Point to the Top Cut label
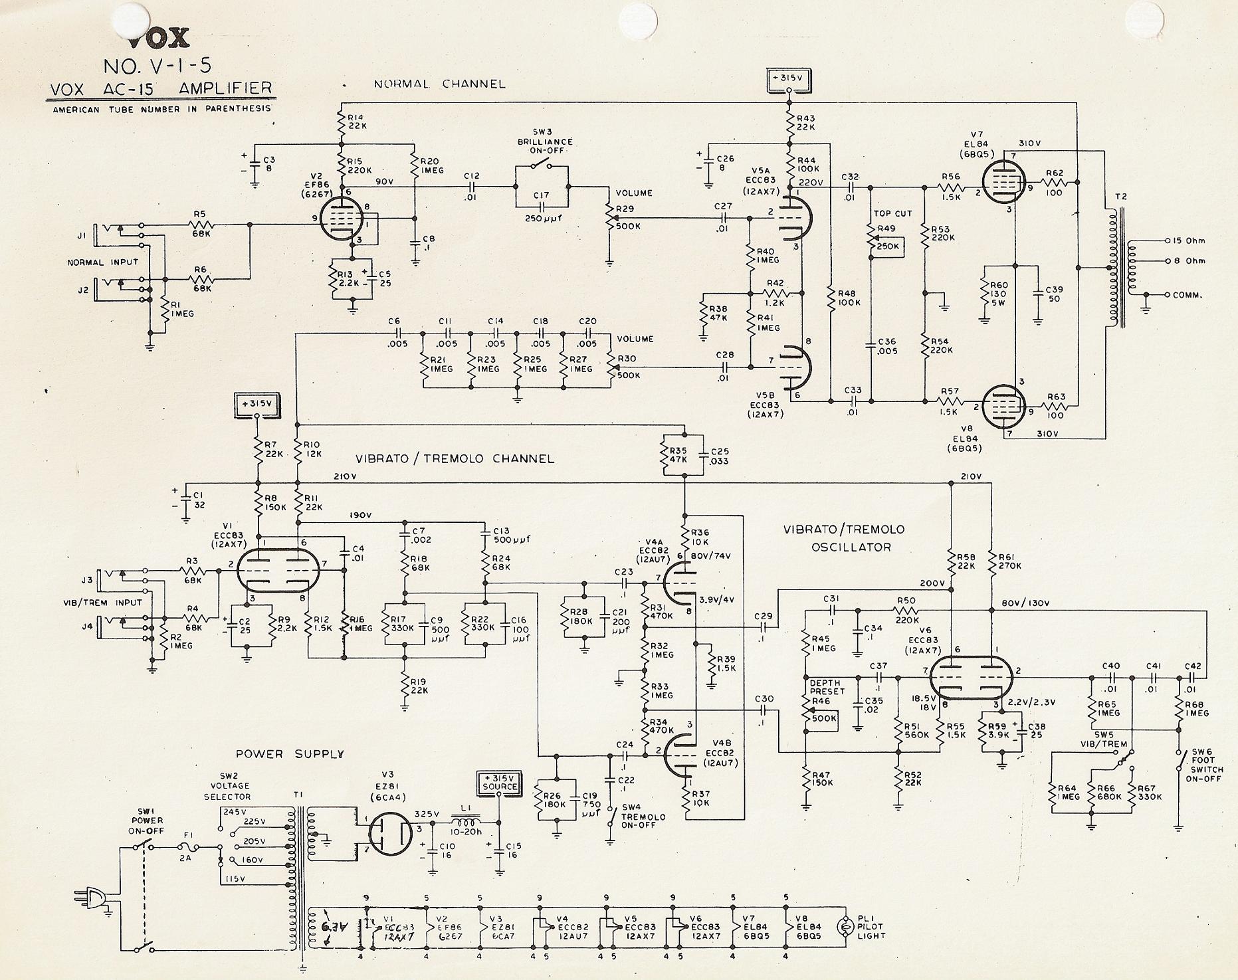[892, 213]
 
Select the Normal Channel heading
[439, 84]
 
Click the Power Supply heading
[290, 754]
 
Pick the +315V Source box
[499, 782]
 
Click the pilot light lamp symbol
[847, 926]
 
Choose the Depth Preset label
[827, 687]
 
